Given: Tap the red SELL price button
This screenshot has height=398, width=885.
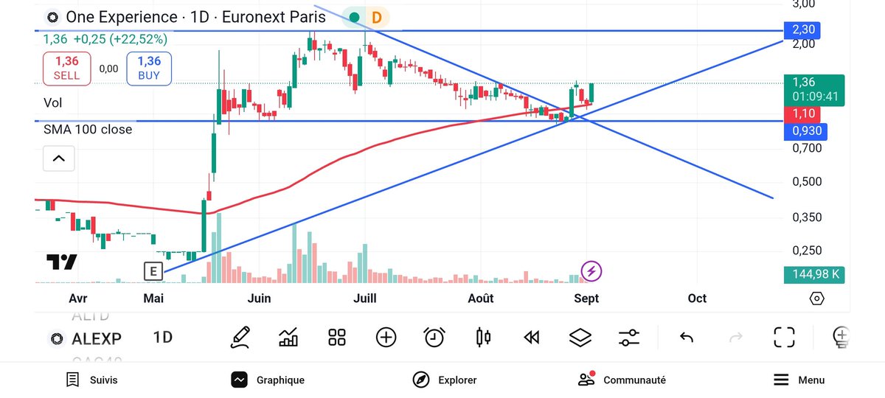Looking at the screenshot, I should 66,68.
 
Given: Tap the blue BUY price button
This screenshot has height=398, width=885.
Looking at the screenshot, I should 149,68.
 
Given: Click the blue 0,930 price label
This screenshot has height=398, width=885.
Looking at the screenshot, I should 805,131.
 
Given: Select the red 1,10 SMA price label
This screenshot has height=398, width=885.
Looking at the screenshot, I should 803,114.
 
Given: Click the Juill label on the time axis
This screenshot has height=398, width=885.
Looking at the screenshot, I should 365,298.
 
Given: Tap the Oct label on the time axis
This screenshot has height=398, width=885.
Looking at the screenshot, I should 697,298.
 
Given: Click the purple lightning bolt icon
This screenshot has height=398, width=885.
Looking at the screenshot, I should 591,271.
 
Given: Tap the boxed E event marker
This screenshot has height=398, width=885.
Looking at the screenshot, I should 153,271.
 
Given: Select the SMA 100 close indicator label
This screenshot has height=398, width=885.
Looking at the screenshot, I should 88,130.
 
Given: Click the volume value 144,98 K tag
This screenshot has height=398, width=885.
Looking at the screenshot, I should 814,275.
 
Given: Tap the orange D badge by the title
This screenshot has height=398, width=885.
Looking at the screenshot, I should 377,17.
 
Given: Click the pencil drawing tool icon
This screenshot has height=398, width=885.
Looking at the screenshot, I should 240,338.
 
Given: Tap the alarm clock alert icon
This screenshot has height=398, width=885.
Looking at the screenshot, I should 434,338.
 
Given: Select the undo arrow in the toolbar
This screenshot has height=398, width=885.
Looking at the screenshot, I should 687,338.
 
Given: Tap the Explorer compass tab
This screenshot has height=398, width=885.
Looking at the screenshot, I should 445,380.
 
